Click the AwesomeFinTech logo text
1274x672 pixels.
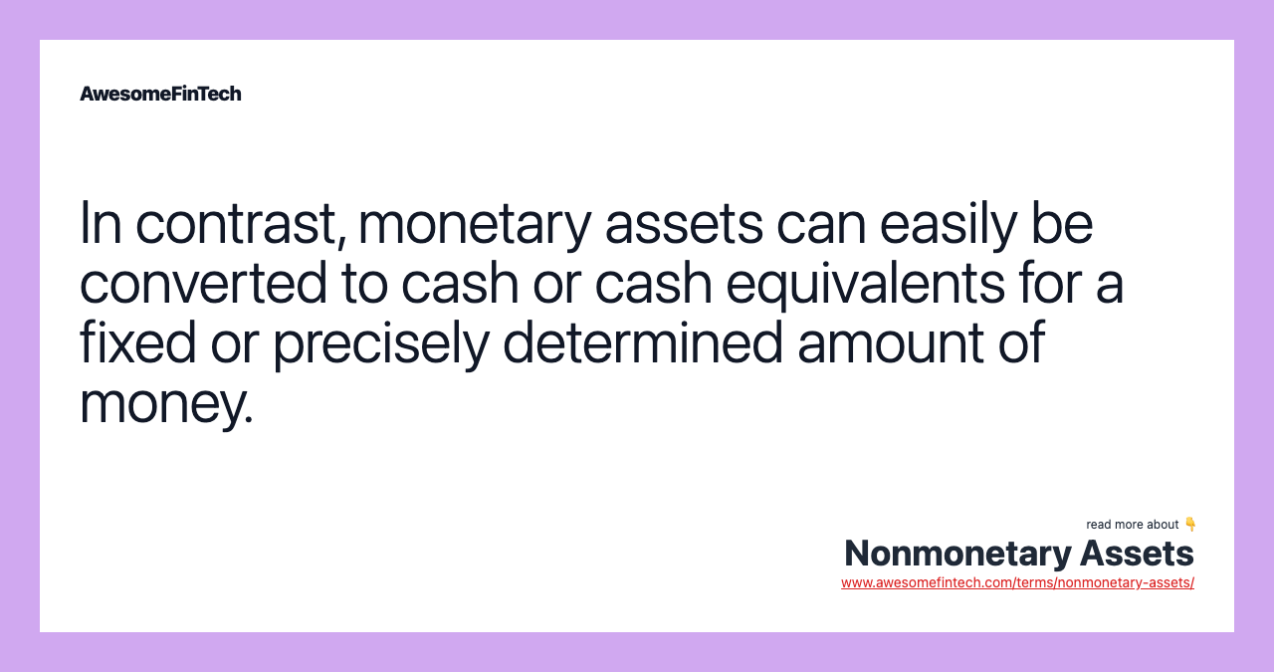[x=160, y=94]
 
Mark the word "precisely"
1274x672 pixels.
[x=380, y=342]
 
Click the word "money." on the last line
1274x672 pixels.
[x=166, y=402]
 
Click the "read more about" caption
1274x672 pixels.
[x=1132, y=525]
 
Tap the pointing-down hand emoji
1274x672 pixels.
[x=1190, y=524]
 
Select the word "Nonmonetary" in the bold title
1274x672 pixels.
[x=955, y=553]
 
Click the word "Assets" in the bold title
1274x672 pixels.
[x=1137, y=553]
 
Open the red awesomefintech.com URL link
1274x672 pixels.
[x=1017, y=582]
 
